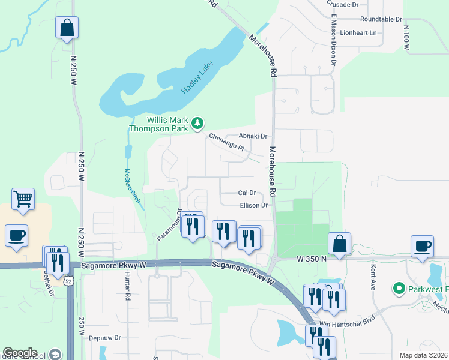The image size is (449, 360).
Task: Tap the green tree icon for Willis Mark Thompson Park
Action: click(197, 124)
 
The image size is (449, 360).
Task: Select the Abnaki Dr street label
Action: click(253, 136)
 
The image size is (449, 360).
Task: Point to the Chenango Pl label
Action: click(227, 142)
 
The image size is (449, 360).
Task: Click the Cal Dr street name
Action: click(247, 193)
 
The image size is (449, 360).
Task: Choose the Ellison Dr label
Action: click(254, 205)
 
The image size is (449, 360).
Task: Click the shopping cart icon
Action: click(23, 199)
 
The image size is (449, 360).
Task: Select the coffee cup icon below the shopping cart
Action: click(16, 235)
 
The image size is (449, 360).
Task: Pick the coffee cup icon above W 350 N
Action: click(422, 245)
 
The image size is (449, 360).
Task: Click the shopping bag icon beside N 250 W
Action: click(67, 28)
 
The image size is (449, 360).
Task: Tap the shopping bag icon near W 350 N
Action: click(339, 244)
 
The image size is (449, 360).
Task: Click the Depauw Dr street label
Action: click(105, 338)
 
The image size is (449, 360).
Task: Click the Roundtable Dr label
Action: click(381, 19)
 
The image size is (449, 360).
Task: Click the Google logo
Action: click(20, 353)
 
